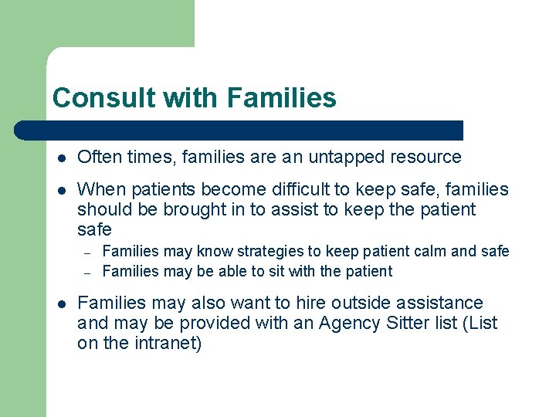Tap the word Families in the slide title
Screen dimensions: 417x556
coord(282,98)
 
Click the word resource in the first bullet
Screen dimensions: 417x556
coord(427,158)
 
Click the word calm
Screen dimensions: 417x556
coord(427,251)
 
